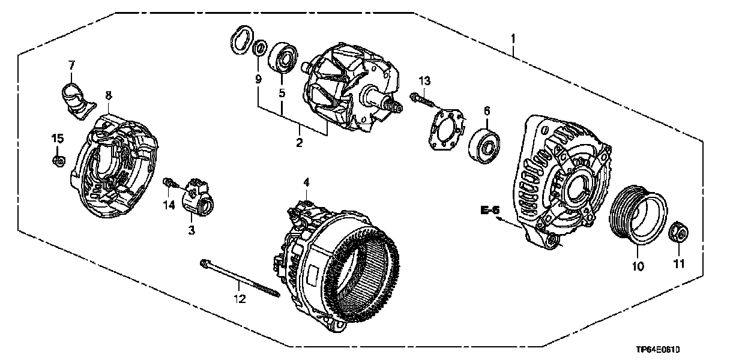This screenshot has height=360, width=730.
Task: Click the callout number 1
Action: (513, 40)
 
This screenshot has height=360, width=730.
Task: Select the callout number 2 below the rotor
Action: (299, 142)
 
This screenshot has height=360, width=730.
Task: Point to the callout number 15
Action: (57, 139)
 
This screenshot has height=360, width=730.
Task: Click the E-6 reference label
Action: (489, 210)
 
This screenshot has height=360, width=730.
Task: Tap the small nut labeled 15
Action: (58, 161)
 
